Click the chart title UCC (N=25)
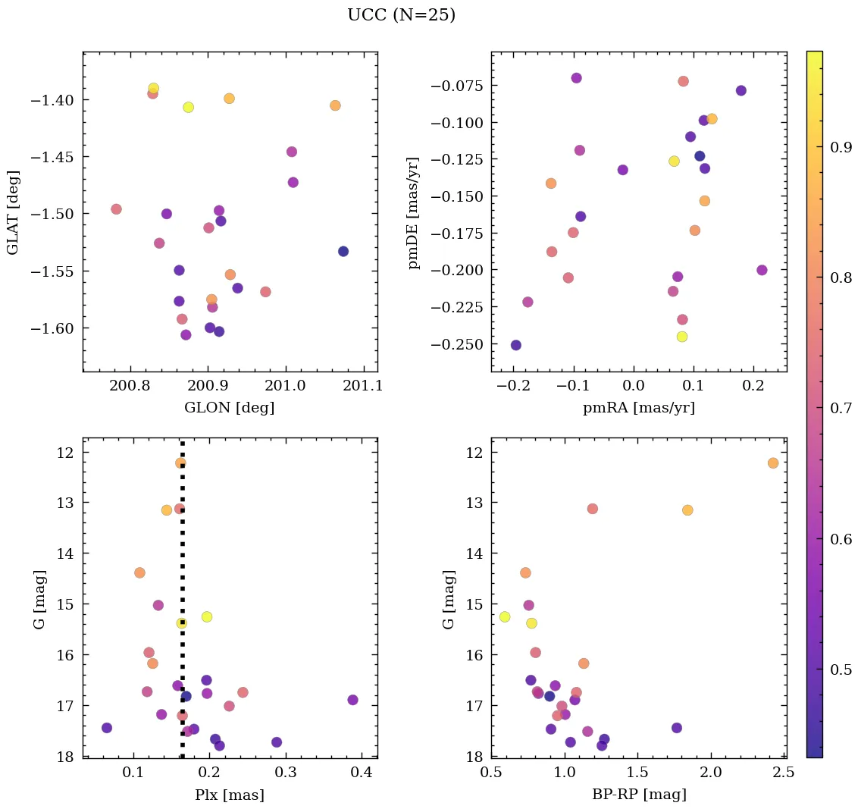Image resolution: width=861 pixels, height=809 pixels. [401, 15]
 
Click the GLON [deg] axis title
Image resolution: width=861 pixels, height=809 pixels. [229, 408]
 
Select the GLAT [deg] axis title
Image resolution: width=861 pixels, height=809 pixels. [13, 212]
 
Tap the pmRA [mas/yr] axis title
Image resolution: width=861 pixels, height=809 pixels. [638, 408]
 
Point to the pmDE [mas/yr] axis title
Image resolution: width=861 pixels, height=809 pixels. [413, 212]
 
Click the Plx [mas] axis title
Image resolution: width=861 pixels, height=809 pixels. [229, 795]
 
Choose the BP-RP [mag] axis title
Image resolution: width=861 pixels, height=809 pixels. [638, 795]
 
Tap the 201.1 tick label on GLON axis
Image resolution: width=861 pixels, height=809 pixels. [364, 386]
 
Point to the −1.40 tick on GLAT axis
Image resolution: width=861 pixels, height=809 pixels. [56, 100]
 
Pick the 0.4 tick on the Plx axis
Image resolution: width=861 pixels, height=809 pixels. [362, 773]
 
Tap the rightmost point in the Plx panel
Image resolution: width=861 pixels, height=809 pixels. [352, 700]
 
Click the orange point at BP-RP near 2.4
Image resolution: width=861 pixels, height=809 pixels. [772, 463]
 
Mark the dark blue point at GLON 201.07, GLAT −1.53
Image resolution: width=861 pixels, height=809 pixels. [343, 251]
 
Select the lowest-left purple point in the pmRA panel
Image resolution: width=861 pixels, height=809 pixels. [515, 345]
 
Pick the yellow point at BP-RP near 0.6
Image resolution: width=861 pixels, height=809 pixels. [505, 616]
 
